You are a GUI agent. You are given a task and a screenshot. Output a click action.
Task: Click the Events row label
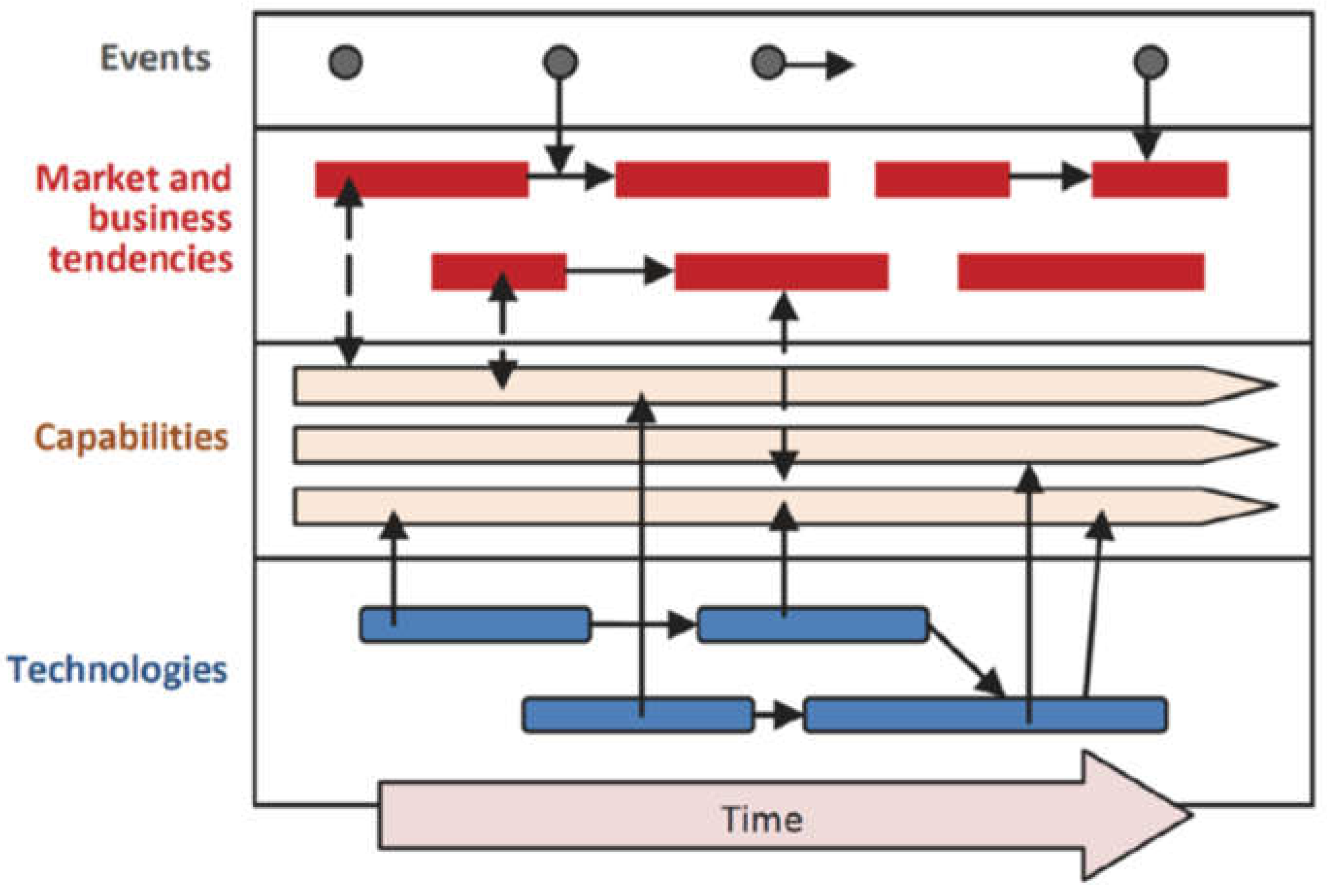[x=155, y=59]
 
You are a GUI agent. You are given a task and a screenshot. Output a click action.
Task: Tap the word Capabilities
[x=131, y=438]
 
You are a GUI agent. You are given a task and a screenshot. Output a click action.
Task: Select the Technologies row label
[x=117, y=669]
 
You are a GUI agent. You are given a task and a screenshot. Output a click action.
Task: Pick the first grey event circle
[x=345, y=62]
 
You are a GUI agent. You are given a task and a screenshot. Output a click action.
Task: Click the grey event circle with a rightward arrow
[x=768, y=62]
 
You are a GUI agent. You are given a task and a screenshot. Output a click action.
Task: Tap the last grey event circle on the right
[x=1150, y=62]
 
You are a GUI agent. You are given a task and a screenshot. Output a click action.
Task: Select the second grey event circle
[x=560, y=62]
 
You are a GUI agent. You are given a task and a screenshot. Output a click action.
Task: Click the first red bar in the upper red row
[x=421, y=180]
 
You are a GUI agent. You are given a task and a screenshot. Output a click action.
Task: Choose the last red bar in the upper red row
[x=1159, y=180]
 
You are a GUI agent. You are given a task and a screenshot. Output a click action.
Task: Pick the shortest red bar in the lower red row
[x=499, y=272]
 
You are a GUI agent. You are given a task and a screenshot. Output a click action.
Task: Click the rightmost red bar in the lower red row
[x=1081, y=272]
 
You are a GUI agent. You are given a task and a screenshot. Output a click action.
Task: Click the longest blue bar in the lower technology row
[x=984, y=714]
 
